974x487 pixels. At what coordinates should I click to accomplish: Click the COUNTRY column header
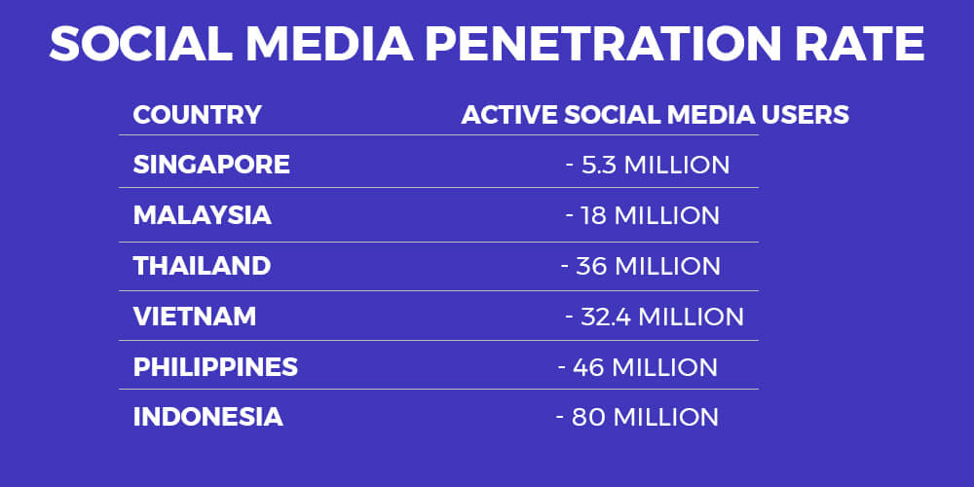pos(197,115)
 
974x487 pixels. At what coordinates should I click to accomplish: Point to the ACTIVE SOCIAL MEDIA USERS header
pos(655,115)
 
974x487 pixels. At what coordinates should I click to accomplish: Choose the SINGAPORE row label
pos(211,165)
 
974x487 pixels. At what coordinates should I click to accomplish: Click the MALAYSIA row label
pos(202,215)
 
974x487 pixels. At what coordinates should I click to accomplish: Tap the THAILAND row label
pos(202,266)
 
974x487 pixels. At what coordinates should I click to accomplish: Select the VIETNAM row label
pos(195,317)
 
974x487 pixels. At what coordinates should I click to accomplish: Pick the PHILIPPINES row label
pos(215,367)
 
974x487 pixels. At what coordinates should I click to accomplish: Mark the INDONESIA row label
pos(208,417)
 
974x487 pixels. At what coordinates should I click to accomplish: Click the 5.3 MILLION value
pos(656,166)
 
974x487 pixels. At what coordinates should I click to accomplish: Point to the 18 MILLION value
pos(650,215)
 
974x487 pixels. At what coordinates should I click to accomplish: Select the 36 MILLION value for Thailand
pos(648,267)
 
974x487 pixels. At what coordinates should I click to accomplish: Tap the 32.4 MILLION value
pos(662,317)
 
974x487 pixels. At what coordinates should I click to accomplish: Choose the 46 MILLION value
pos(645,368)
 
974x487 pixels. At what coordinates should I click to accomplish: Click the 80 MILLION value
pos(645,418)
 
